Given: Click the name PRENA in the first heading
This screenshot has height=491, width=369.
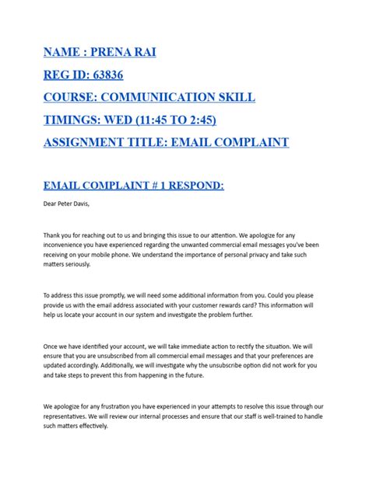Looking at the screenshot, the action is [119, 55].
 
